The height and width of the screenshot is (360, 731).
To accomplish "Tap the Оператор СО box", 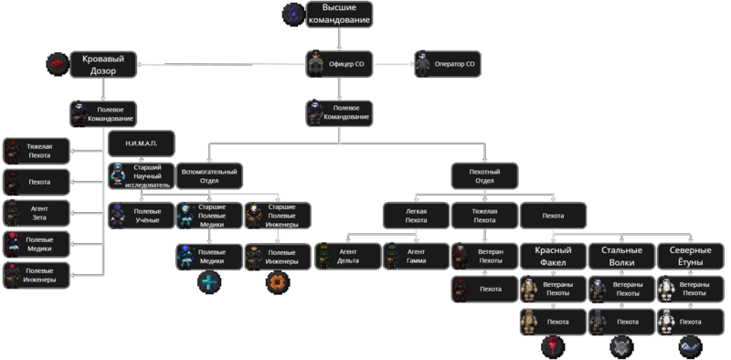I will [447, 64].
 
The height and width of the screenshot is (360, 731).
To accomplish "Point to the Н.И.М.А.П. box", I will [142, 144].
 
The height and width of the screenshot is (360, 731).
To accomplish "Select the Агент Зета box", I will [36, 214].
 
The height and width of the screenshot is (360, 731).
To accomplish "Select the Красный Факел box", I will [553, 256].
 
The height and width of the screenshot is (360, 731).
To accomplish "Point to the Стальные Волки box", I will [621, 256].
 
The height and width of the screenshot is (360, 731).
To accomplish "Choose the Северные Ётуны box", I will [690, 256].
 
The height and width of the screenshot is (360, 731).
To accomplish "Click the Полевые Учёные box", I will [141, 215].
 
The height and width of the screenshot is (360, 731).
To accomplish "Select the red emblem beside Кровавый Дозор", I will [57, 63].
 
